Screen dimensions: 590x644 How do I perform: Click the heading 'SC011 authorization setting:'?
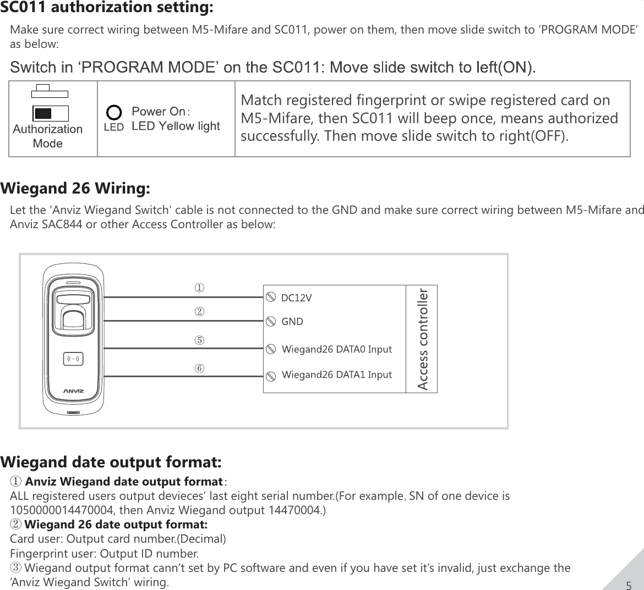(x=107, y=8)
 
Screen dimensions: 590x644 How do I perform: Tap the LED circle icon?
(x=114, y=113)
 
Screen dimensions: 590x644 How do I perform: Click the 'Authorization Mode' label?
(x=48, y=136)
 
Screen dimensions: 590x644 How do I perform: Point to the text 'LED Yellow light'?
(x=176, y=126)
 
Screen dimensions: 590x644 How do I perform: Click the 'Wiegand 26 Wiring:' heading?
(x=75, y=189)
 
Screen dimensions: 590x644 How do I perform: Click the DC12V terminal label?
(x=296, y=298)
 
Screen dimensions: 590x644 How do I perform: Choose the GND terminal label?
(x=292, y=322)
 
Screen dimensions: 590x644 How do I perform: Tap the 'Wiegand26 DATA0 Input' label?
(x=336, y=349)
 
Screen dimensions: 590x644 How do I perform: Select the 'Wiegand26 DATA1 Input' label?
(x=336, y=375)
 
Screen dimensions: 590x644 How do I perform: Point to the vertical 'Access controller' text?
(x=422, y=339)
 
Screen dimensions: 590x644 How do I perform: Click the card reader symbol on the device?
(x=73, y=359)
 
